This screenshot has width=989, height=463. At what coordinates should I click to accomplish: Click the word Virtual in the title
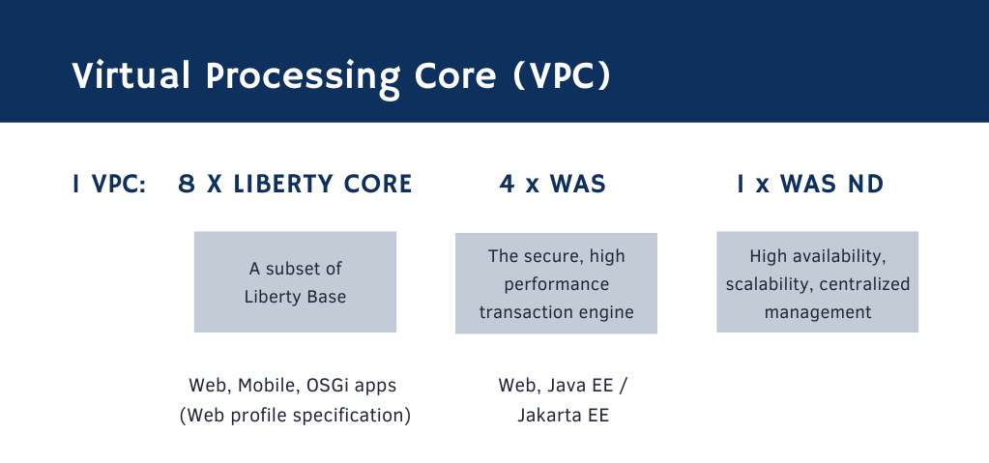tap(126, 76)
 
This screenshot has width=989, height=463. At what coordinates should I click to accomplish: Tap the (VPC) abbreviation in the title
tap(563, 76)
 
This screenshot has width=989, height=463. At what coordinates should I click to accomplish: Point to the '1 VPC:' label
tap(109, 185)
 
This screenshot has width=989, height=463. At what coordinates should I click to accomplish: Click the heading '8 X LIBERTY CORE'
tap(296, 185)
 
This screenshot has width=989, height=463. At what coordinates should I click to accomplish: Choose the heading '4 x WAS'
tap(553, 185)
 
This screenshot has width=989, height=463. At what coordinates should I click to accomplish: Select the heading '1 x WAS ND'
tap(810, 185)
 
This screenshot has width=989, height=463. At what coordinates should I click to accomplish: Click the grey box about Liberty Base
tap(295, 281)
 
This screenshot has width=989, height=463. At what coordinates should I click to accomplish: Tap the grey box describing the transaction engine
tap(556, 283)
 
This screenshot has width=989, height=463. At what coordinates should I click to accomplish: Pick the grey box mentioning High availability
tap(817, 283)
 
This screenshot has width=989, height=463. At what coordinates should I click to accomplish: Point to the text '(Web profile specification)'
tap(295, 416)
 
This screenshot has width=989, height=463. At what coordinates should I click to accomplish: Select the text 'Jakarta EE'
tap(556, 416)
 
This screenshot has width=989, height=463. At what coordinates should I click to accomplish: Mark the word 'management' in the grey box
tap(818, 312)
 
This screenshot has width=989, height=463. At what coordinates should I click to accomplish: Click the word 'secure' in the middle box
tap(548, 256)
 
